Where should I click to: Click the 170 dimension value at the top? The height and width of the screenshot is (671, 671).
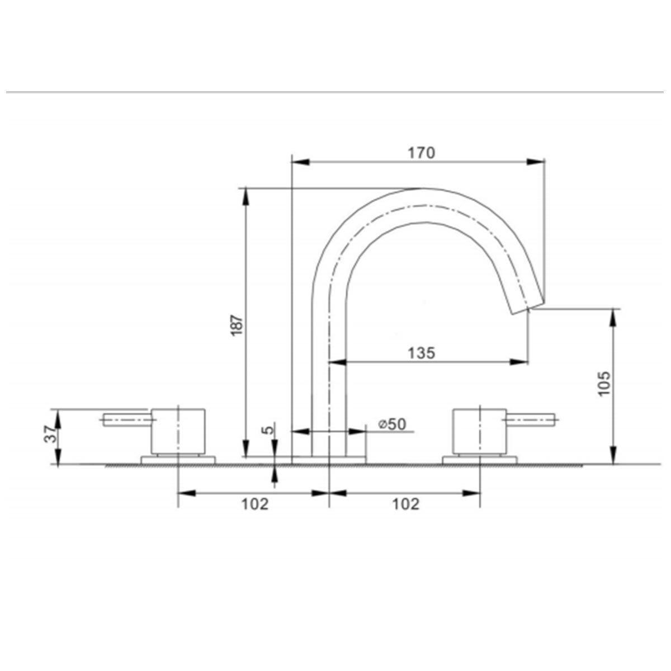coord(421,152)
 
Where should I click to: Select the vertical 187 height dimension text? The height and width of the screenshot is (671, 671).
coord(237,324)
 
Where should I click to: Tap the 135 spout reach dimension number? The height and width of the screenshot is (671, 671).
coord(421,353)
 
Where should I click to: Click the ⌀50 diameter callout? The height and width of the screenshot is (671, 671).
coord(391,424)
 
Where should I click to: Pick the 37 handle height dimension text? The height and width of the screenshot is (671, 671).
coord(50,434)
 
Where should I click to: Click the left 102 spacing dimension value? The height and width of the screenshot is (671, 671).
coord(255,504)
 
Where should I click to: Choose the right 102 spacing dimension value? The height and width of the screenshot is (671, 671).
coord(405,504)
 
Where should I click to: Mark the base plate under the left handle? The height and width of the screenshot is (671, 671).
coord(178,460)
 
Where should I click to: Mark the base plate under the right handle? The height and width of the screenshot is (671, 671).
coord(479,460)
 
